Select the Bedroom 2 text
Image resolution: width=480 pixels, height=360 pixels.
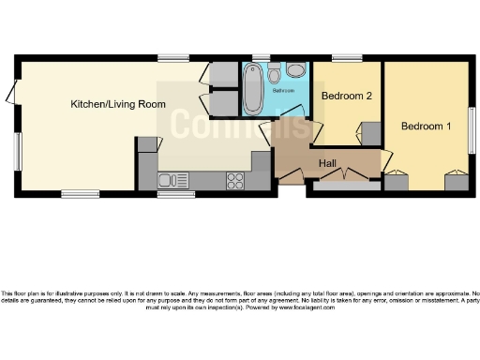point(347,96)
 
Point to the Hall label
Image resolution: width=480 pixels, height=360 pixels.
point(327,164)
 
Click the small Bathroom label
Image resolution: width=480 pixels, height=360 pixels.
point(283,91)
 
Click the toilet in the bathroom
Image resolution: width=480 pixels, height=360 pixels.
point(275,74)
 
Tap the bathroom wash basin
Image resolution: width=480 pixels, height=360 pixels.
point(296,70)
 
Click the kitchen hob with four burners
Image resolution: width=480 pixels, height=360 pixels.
point(235,178)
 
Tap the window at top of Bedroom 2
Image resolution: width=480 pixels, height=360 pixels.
point(347,58)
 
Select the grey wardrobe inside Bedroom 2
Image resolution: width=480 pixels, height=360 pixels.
point(371,134)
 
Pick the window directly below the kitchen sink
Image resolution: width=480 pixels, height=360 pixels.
point(171,194)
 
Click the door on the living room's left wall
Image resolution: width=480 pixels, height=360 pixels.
point(11,93)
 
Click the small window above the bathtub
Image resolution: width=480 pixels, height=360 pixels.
point(254,59)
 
